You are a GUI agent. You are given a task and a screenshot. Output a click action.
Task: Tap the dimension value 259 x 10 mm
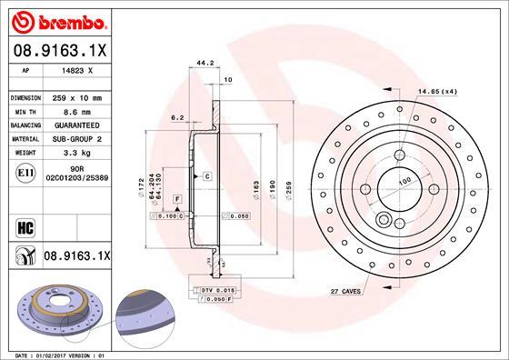click(x=75, y=97)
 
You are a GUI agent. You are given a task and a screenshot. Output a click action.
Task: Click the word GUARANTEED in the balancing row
click(x=76, y=125)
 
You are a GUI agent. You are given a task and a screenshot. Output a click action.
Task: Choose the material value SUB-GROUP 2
click(x=77, y=138)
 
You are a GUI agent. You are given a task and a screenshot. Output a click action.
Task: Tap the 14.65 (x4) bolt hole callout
click(x=437, y=92)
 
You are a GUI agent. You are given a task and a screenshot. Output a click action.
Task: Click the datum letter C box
click(x=207, y=175)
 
